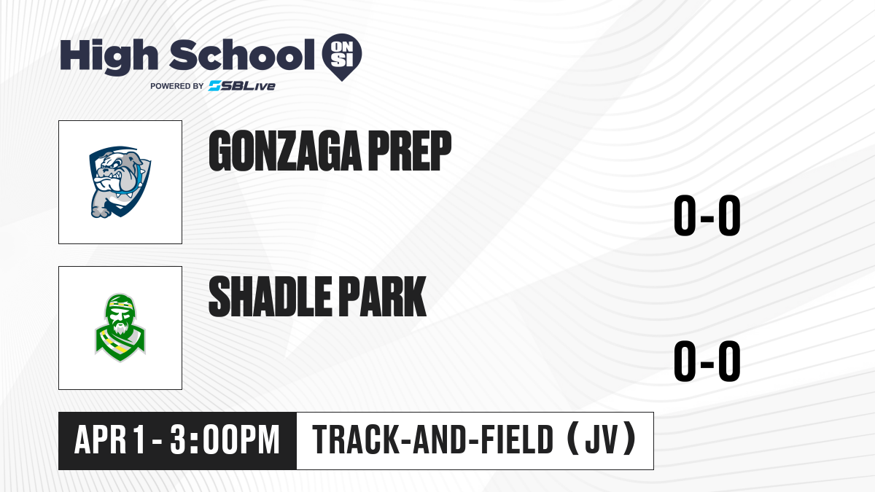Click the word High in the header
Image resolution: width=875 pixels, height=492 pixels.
(x=109, y=57)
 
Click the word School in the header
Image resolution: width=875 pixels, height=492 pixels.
(x=242, y=55)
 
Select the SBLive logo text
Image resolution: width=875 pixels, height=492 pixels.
(x=242, y=86)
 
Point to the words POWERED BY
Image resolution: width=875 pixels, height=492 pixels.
(x=177, y=86)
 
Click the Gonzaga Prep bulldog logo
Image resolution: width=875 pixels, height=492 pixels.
(x=120, y=182)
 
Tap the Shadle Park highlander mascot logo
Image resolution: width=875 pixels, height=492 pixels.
(x=120, y=327)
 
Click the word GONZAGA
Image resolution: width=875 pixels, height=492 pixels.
(x=285, y=151)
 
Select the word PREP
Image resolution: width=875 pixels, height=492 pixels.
(x=410, y=151)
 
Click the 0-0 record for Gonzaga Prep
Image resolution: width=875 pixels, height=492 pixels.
(x=707, y=216)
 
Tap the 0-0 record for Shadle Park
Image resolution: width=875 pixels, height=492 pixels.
(x=707, y=362)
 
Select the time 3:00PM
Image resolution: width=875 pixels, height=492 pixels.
(x=225, y=440)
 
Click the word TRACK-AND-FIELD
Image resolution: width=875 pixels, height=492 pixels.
(x=433, y=440)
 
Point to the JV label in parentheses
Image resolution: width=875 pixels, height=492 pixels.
(x=602, y=440)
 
